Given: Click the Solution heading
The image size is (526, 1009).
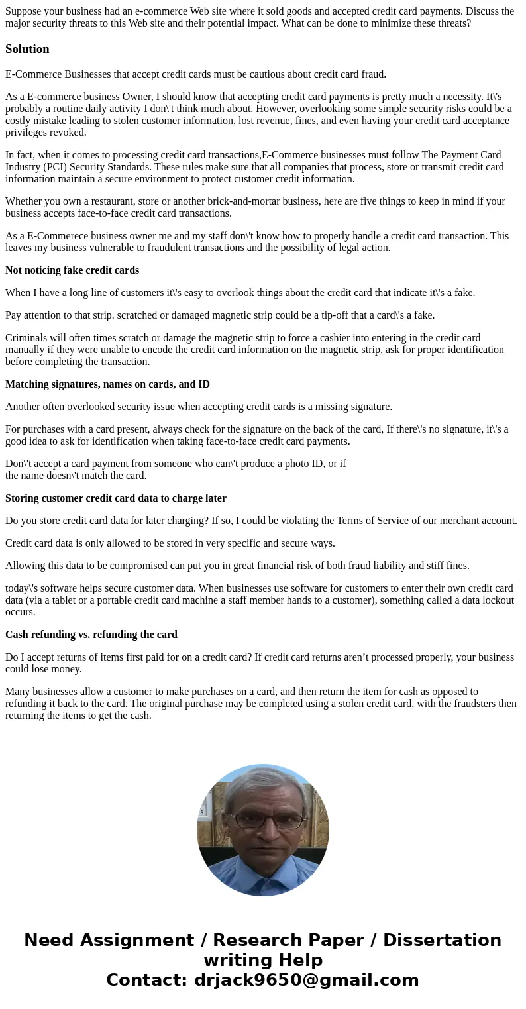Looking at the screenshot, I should [27, 49].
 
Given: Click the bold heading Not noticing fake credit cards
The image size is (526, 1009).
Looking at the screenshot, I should [72, 270].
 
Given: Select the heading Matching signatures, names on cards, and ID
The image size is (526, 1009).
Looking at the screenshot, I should [107, 384].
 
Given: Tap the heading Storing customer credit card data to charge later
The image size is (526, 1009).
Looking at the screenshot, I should [116, 498].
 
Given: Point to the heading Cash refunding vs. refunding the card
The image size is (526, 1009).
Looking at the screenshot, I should [91, 635].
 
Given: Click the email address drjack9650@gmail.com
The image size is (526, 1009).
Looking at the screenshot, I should [306, 980].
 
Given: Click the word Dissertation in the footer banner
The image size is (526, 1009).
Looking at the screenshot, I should [442, 941].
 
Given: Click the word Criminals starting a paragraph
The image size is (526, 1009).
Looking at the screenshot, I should [27, 338].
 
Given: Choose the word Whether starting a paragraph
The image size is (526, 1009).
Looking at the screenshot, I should [25, 201].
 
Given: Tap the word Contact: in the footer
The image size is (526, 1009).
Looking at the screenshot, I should [147, 980].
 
